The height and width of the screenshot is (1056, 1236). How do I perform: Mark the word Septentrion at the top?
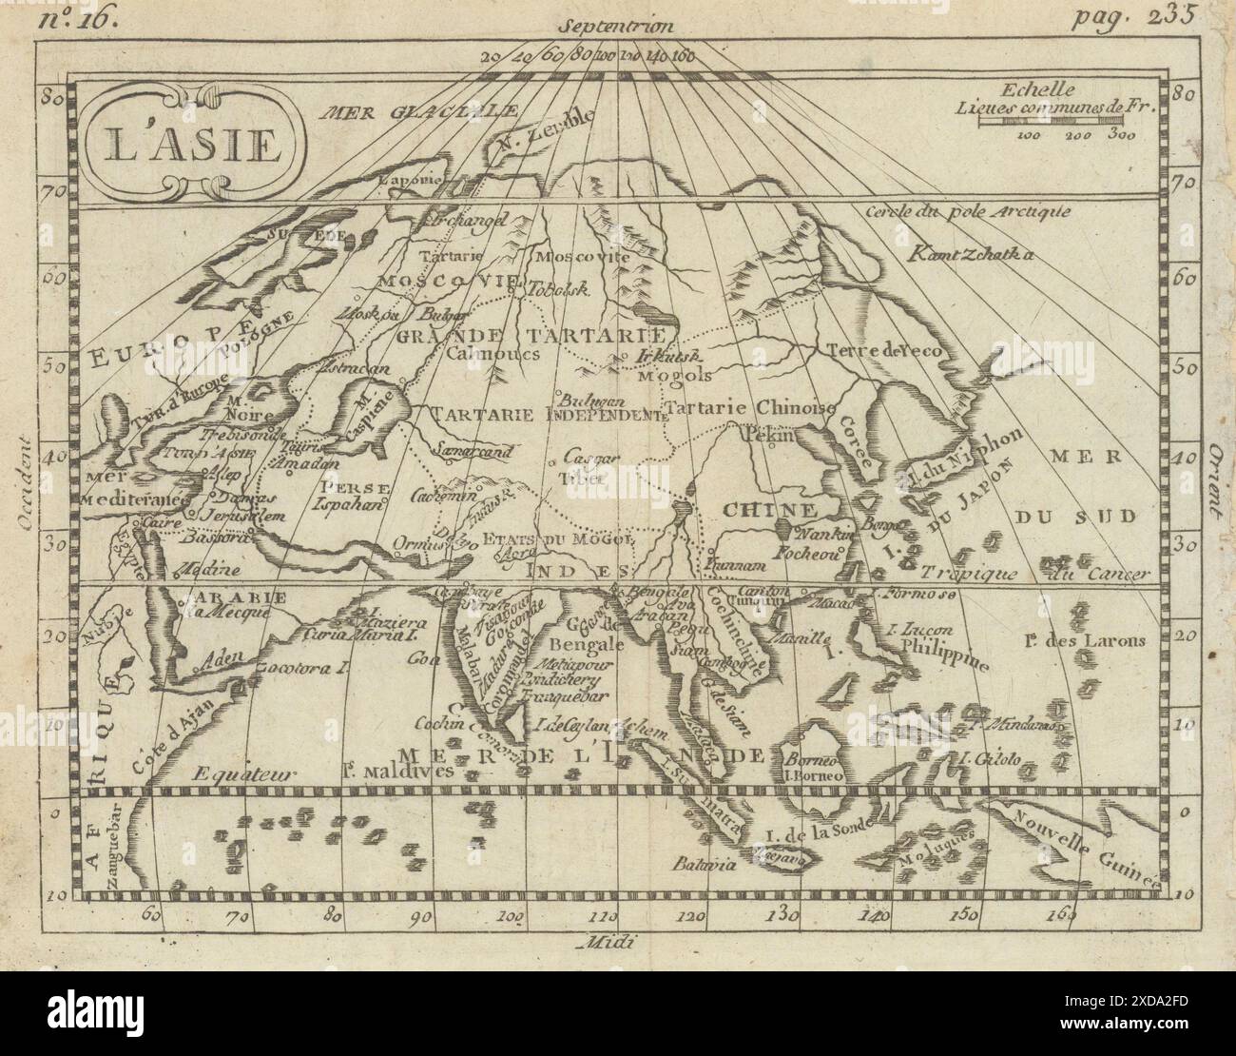(616, 23)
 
